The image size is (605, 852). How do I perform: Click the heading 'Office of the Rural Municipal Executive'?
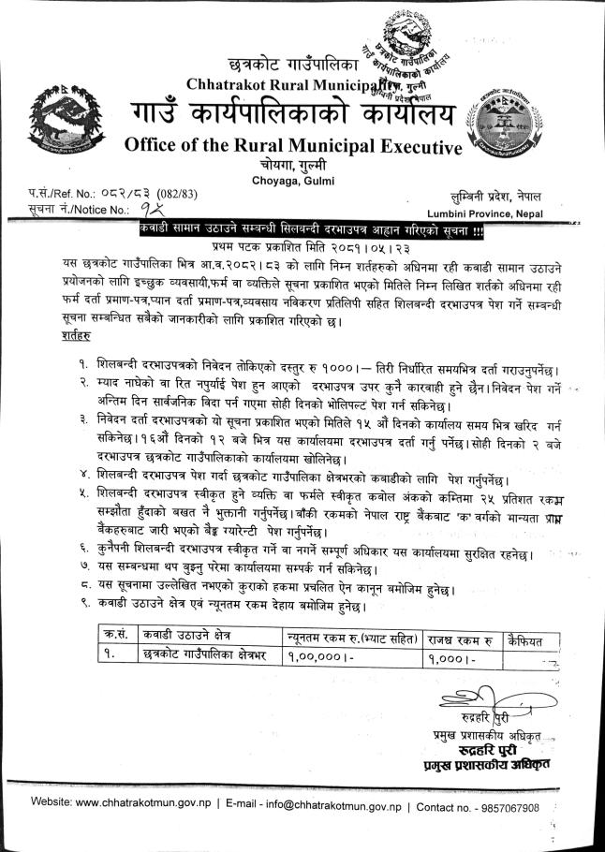(293, 148)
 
